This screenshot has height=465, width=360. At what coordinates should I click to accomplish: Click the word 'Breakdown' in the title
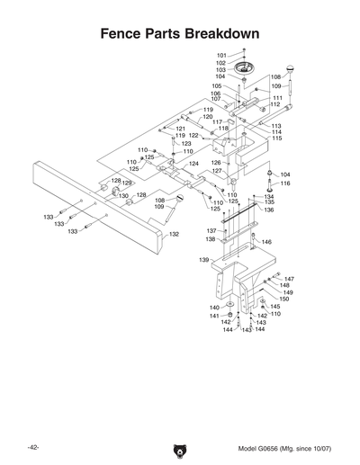tap(222, 33)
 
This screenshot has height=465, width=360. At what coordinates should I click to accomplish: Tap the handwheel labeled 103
tap(244, 69)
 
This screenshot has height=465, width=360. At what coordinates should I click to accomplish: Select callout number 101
tap(221, 55)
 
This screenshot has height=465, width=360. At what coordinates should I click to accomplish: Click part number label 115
tap(276, 139)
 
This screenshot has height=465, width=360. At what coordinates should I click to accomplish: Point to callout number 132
tap(175, 234)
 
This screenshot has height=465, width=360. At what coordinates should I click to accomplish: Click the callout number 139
tap(204, 259)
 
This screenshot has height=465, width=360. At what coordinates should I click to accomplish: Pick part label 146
tap(266, 243)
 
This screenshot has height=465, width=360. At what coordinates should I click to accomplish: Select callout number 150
tap(284, 299)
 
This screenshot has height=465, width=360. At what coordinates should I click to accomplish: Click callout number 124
tap(193, 164)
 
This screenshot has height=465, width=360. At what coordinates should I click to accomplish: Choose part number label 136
tap(268, 210)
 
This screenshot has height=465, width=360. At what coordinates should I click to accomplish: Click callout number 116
tap(285, 183)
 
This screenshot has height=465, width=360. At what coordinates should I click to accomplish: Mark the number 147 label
tap(289, 279)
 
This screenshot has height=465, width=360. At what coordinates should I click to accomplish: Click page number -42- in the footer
tap(32, 448)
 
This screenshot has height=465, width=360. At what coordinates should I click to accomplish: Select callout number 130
tap(122, 195)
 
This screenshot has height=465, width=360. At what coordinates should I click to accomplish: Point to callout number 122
tap(193, 136)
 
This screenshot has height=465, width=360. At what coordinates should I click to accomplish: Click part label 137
tap(211, 231)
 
